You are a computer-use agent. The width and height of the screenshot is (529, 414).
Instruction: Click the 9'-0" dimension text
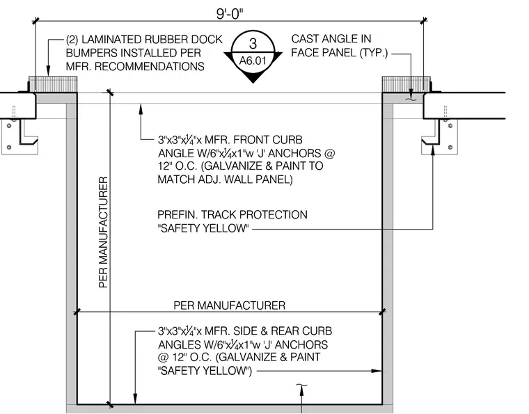pyautogui.click(x=230, y=14)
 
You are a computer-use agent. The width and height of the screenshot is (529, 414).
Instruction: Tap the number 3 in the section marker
pyautogui.click(x=253, y=44)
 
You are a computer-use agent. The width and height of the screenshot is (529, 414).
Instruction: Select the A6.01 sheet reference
pyautogui.click(x=253, y=61)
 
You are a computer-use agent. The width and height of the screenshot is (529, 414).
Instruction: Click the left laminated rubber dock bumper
pyautogui.click(x=53, y=84)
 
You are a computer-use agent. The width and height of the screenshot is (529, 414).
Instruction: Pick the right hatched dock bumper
pyautogui.click(x=406, y=84)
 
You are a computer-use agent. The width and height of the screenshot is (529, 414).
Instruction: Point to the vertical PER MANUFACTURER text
pyautogui.click(x=103, y=232)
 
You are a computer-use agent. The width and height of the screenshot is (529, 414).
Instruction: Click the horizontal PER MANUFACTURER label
pyautogui.click(x=230, y=305)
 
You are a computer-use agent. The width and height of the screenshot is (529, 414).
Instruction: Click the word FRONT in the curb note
pyautogui.click(x=251, y=140)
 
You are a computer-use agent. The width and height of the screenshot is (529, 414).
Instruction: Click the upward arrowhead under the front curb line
pyautogui.click(x=141, y=109)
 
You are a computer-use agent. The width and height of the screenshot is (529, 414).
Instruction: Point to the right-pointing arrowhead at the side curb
pyautogui.click(x=377, y=371)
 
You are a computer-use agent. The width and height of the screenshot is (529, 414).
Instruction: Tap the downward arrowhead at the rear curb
pyautogui.click(x=135, y=399)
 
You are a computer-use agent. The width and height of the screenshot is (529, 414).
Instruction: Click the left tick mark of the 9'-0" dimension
pyautogui.click(x=35, y=21)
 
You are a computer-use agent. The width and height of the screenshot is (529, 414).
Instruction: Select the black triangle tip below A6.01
pyautogui.click(x=253, y=83)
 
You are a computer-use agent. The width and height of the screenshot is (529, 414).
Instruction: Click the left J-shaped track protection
pyautogui.click(x=29, y=132)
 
